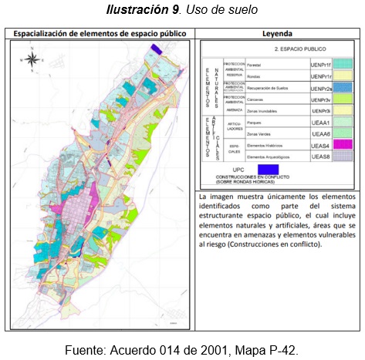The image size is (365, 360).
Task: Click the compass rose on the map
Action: [x=32, y=58]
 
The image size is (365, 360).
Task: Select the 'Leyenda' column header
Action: [x=276, y=34]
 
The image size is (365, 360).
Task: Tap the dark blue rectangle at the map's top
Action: [x=157, y=49]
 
